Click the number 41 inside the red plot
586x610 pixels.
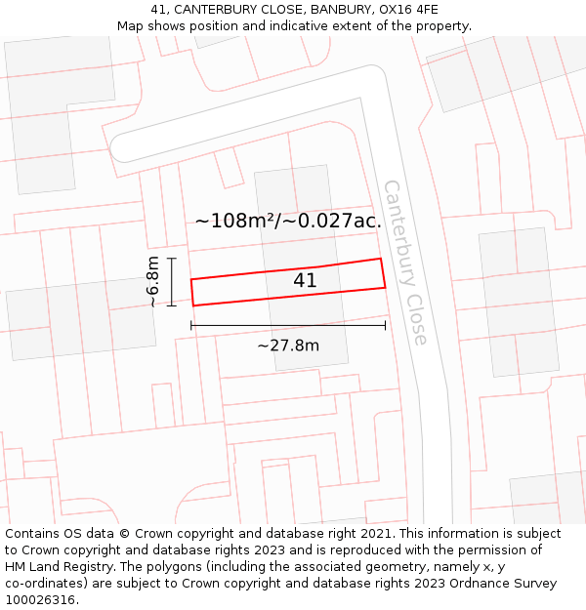[305, 281]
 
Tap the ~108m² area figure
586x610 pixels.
[235, 222]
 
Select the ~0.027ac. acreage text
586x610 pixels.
[332, 222]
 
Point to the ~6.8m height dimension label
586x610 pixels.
[153, 281]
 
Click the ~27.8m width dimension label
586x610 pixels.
[288, 345]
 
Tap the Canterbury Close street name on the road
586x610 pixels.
[405, 262]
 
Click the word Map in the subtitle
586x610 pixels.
[131, 26]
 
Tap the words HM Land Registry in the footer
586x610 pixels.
[57, 567]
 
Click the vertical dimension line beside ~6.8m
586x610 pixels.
[171, 281]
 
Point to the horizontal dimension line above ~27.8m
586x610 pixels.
[288, 325]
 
